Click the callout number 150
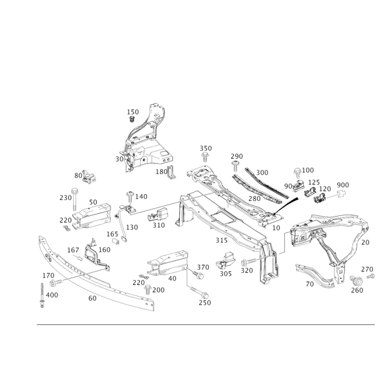pyautogui.click(x=133, y=112)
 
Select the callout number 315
pyautogui.click(x=221, y=240)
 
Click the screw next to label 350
pyautogui.click(x=205, y=157)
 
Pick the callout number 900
pyautogui.click(x=343, y=185)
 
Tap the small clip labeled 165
pyautogui.click(x=115, y=241)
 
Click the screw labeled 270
pyautogui.click(x=371, y=276)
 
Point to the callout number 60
pyautogui.click(x=92, y=298)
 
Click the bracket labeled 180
pyautogui.click(x=171, y=172)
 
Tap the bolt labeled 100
pyautogui.click(x=298, y=173)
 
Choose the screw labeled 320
pyautogui.click(x=249, y=262)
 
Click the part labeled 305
pyautogui.click(x=226, y=261)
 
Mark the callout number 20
pyautogui.click(x=365, y=242)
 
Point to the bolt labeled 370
pyautogui.click(x=198, y=274)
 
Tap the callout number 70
pyautogui.click(x=310, y=284)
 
